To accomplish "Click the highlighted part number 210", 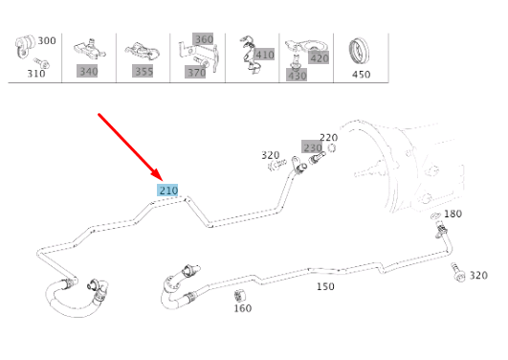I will pyautogui.click(x=168, y=191).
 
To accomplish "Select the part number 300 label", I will pyautogui.click(x=47, y=41).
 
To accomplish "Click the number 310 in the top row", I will pyautogui.click(x=36, y=74).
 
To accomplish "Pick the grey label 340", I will pyautogui.click(x=87, y=71).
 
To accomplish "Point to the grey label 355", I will pyautogui.click(x=144, y=71).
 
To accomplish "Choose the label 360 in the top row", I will pyautogui.click(x=203, y=39).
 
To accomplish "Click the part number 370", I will pyautogui.click(x=195, y=73).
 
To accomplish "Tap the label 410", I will pyautogui.click(x=264, y=55).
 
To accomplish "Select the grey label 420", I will pyautogui.click(x=319, y=58).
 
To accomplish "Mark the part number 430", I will pyautogui.click(x=297, y=75).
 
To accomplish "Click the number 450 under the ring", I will pyautogui.click(x=361, y=74).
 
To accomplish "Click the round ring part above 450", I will pyautogui.click(x=361, y=48).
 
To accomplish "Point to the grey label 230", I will pyautogui.click(x=313, y=146).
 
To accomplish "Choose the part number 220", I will pyautogui.click(x=328, y=137).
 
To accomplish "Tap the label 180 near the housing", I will pyautogui.click(x=453, y=214).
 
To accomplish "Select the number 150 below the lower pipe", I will pyautogui.click(x=325, y=286).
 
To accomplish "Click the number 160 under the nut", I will pyautogui.click(x=242, y=307).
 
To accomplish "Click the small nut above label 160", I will pyautogui.click(x=242, y=291).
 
